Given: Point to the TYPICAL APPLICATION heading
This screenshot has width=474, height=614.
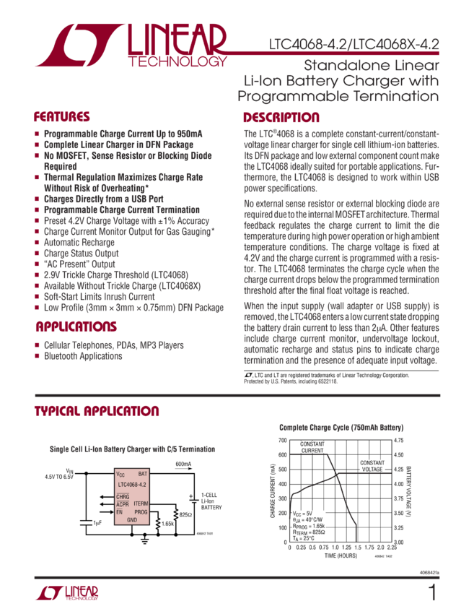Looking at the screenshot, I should point(97,411).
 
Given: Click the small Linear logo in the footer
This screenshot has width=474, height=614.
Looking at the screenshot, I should point(66,593).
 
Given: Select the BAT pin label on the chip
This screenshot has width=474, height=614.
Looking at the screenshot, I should point(142,475).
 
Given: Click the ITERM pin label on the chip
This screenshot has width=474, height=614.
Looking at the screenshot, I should point(141,503).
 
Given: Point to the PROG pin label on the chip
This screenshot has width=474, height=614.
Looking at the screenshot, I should point(141,511).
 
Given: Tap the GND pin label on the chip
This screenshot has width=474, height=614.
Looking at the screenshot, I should point(132,520).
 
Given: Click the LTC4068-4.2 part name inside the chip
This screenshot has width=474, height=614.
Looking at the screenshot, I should point(131,484).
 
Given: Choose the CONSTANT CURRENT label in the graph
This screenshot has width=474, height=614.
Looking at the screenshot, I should point(312,446).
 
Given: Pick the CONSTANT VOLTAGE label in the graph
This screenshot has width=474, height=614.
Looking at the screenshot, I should point(372,466).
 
